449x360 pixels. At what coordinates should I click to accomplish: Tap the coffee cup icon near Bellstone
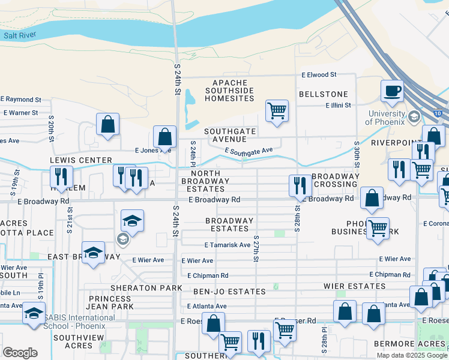(392, 91)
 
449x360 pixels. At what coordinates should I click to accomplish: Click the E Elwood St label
(319, 76)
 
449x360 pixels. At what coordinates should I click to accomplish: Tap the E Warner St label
(20, 112)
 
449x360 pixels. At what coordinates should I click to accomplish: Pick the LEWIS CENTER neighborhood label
(81, 160)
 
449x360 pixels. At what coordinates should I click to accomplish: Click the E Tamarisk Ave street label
(228, 245)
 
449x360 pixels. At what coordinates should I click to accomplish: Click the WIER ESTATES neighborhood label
(353, 286)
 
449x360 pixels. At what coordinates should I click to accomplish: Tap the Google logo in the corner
(20, 352)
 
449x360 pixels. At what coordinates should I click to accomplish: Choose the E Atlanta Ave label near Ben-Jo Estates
(205, 306)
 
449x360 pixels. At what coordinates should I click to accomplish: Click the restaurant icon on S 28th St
(300, 185)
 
